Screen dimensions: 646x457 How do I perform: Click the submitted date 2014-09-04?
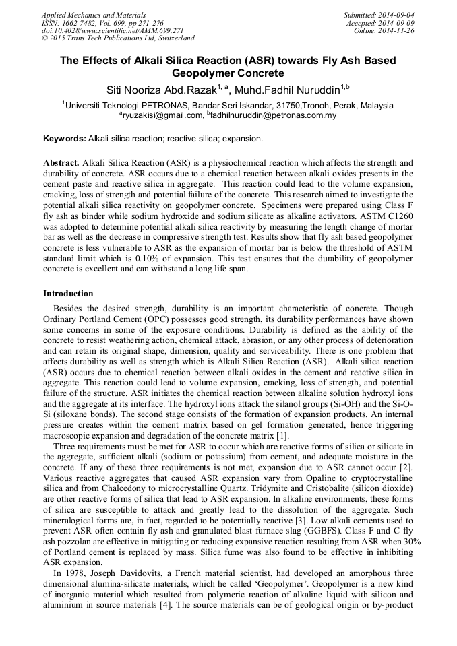(396, 14)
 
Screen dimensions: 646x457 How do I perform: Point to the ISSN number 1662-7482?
(80, 23)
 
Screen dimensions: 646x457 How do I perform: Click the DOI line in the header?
(113, 31)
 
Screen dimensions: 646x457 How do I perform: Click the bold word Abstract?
(61, 163)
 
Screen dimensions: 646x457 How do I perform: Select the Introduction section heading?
(68, 294)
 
